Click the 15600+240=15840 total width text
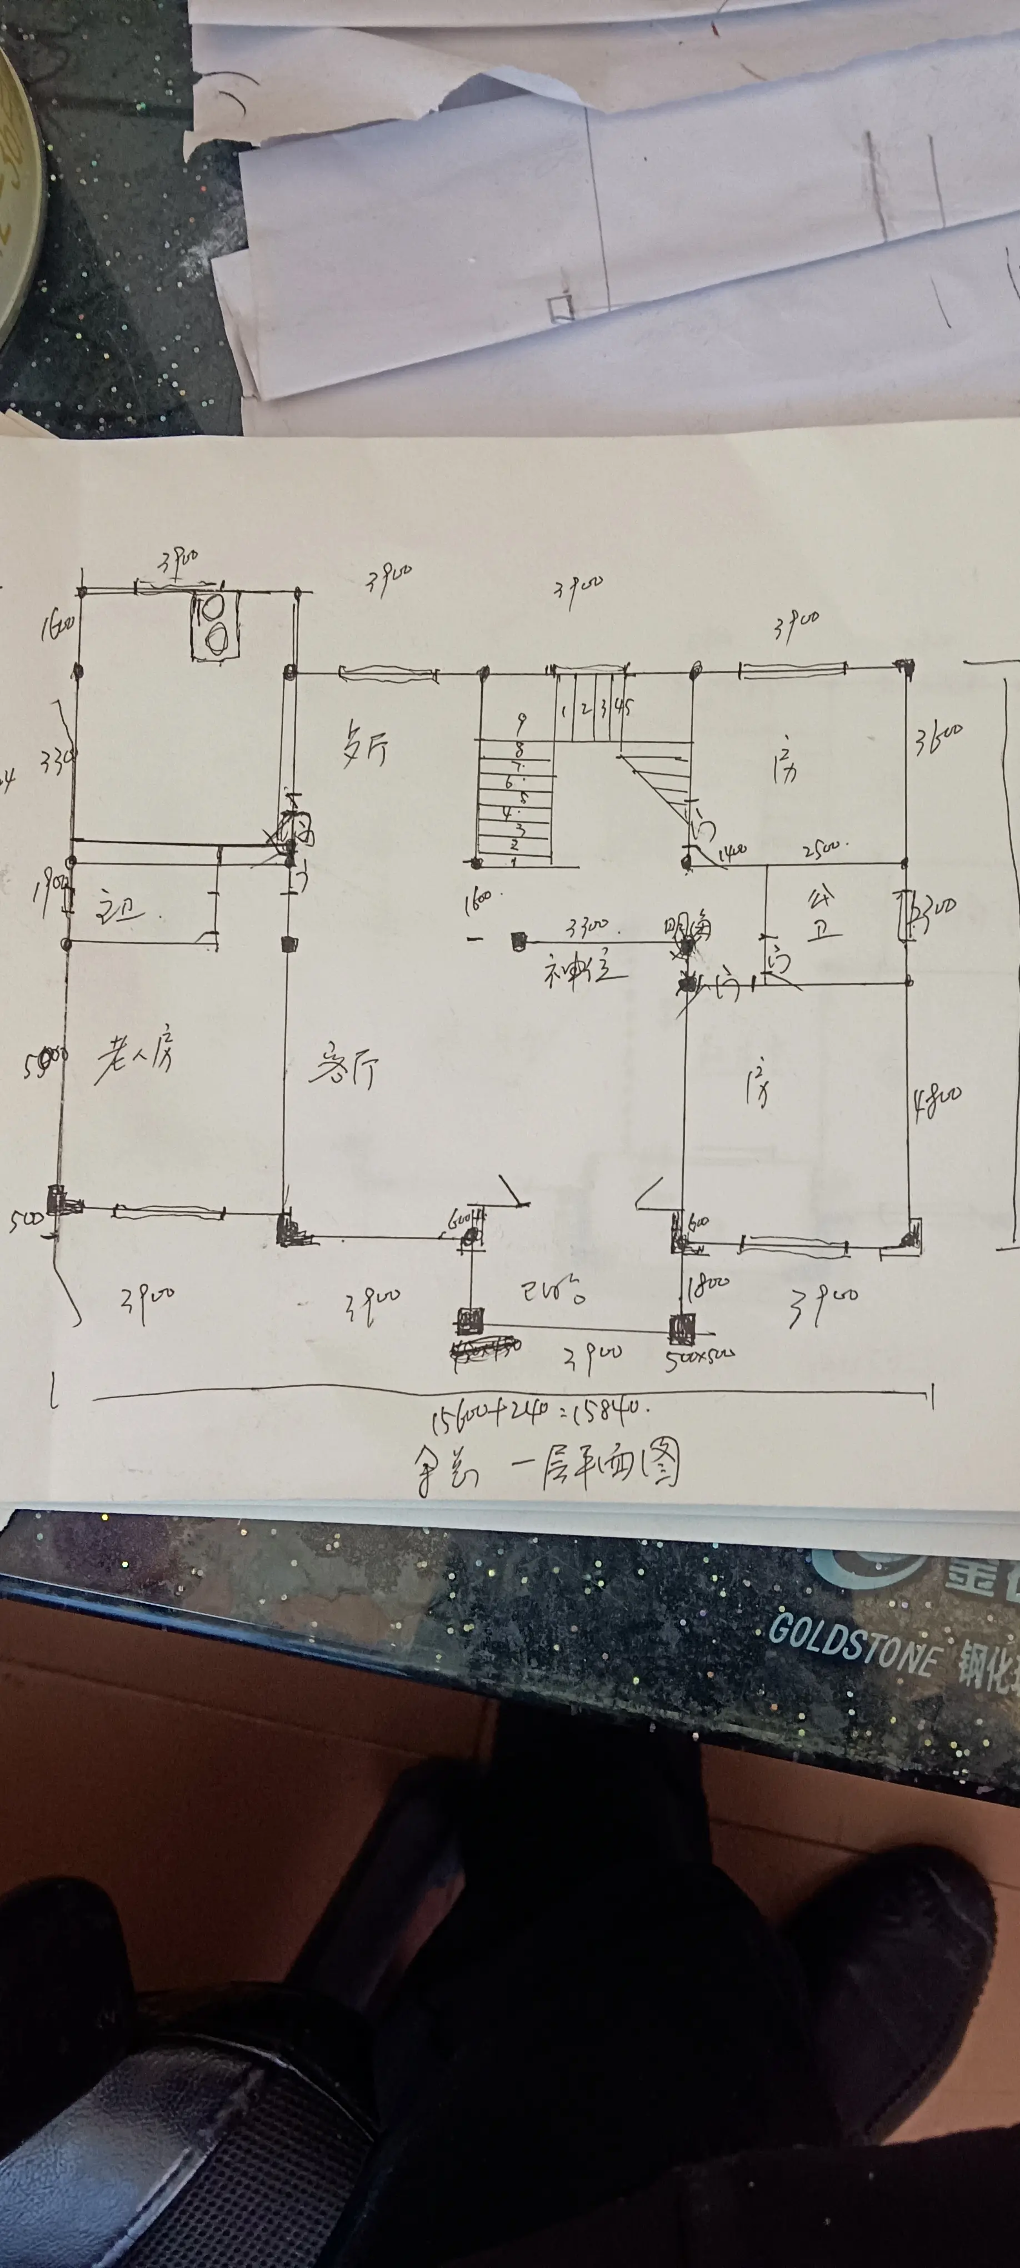pyautogui.click(x=538, y=1415)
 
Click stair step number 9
pyautogui.click(x=521, y=725)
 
